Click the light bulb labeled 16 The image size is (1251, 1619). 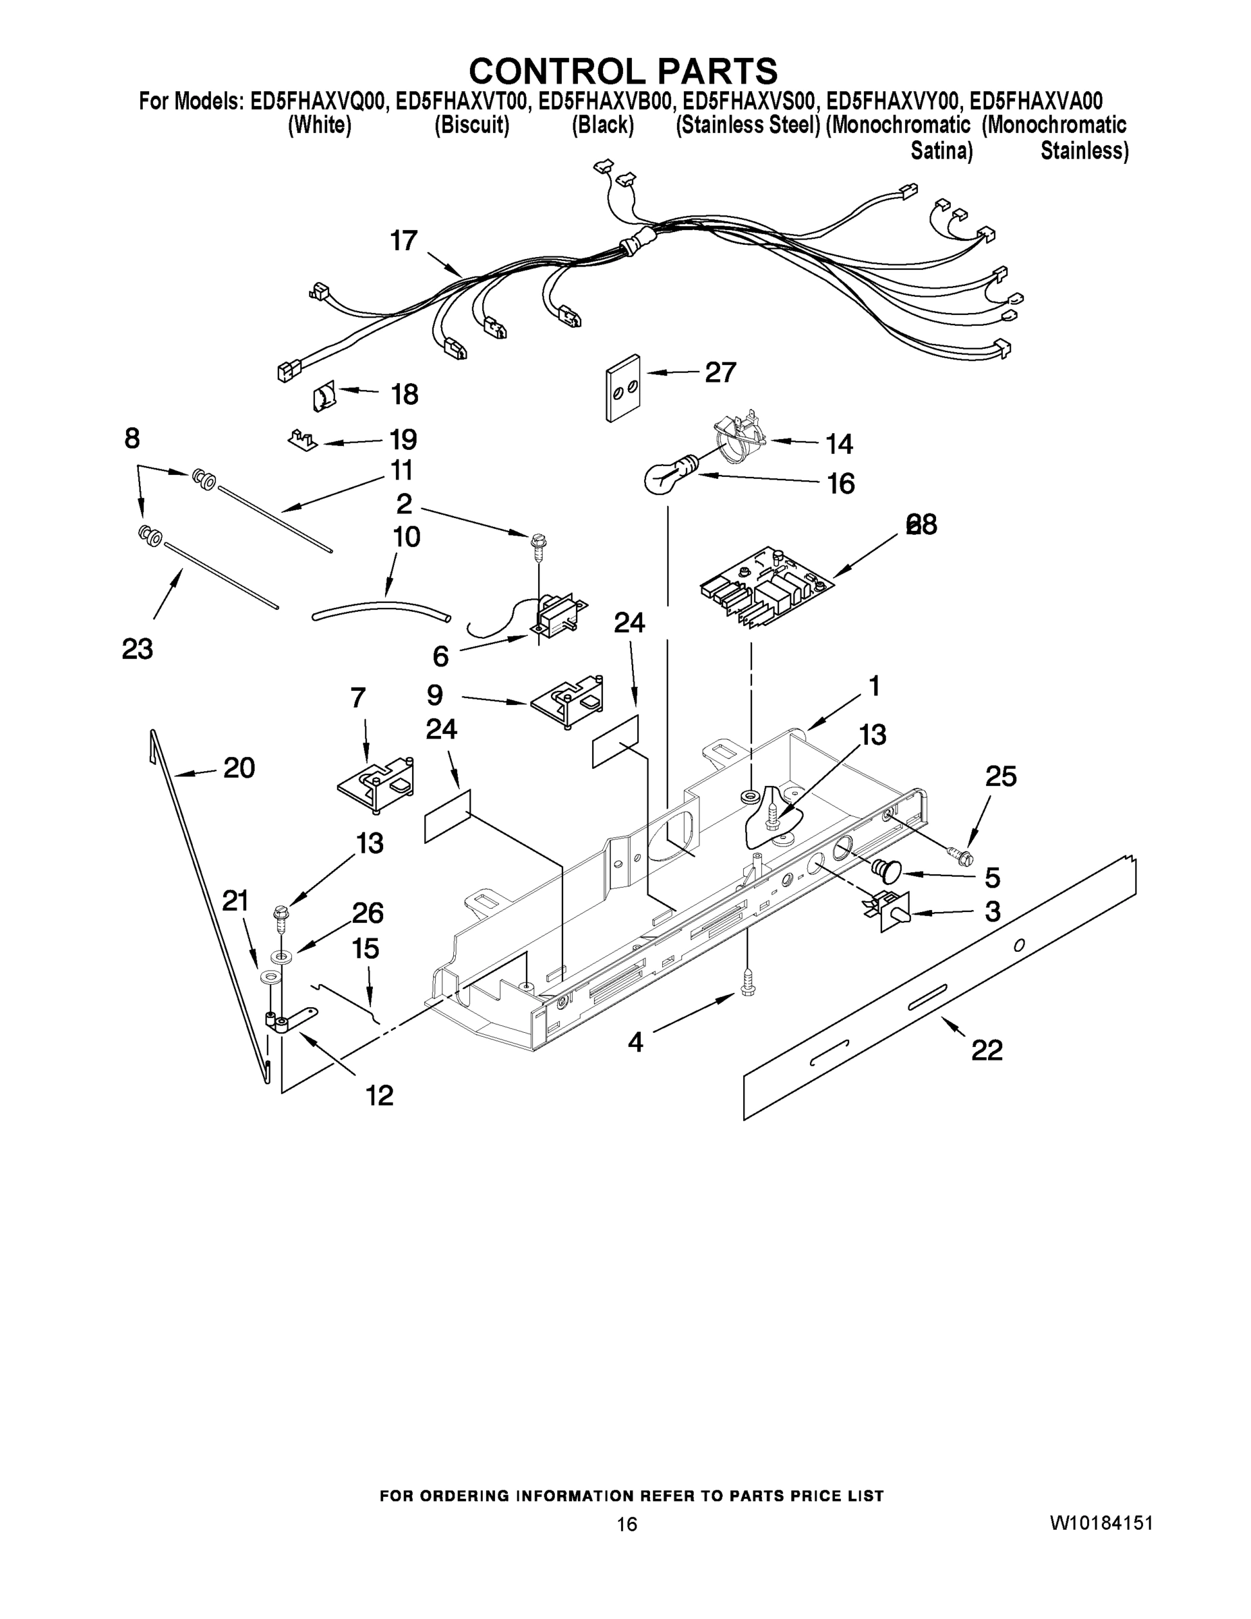click(668, 474)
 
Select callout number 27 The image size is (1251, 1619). click(720, 372)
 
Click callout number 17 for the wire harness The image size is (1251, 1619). click(404, 241)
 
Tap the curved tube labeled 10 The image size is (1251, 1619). click(382, 610)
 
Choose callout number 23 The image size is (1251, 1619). click(137, 649)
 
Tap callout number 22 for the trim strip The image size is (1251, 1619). click(987, 1050)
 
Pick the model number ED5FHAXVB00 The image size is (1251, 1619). click(606, 101)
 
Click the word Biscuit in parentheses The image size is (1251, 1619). click(472, 125)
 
